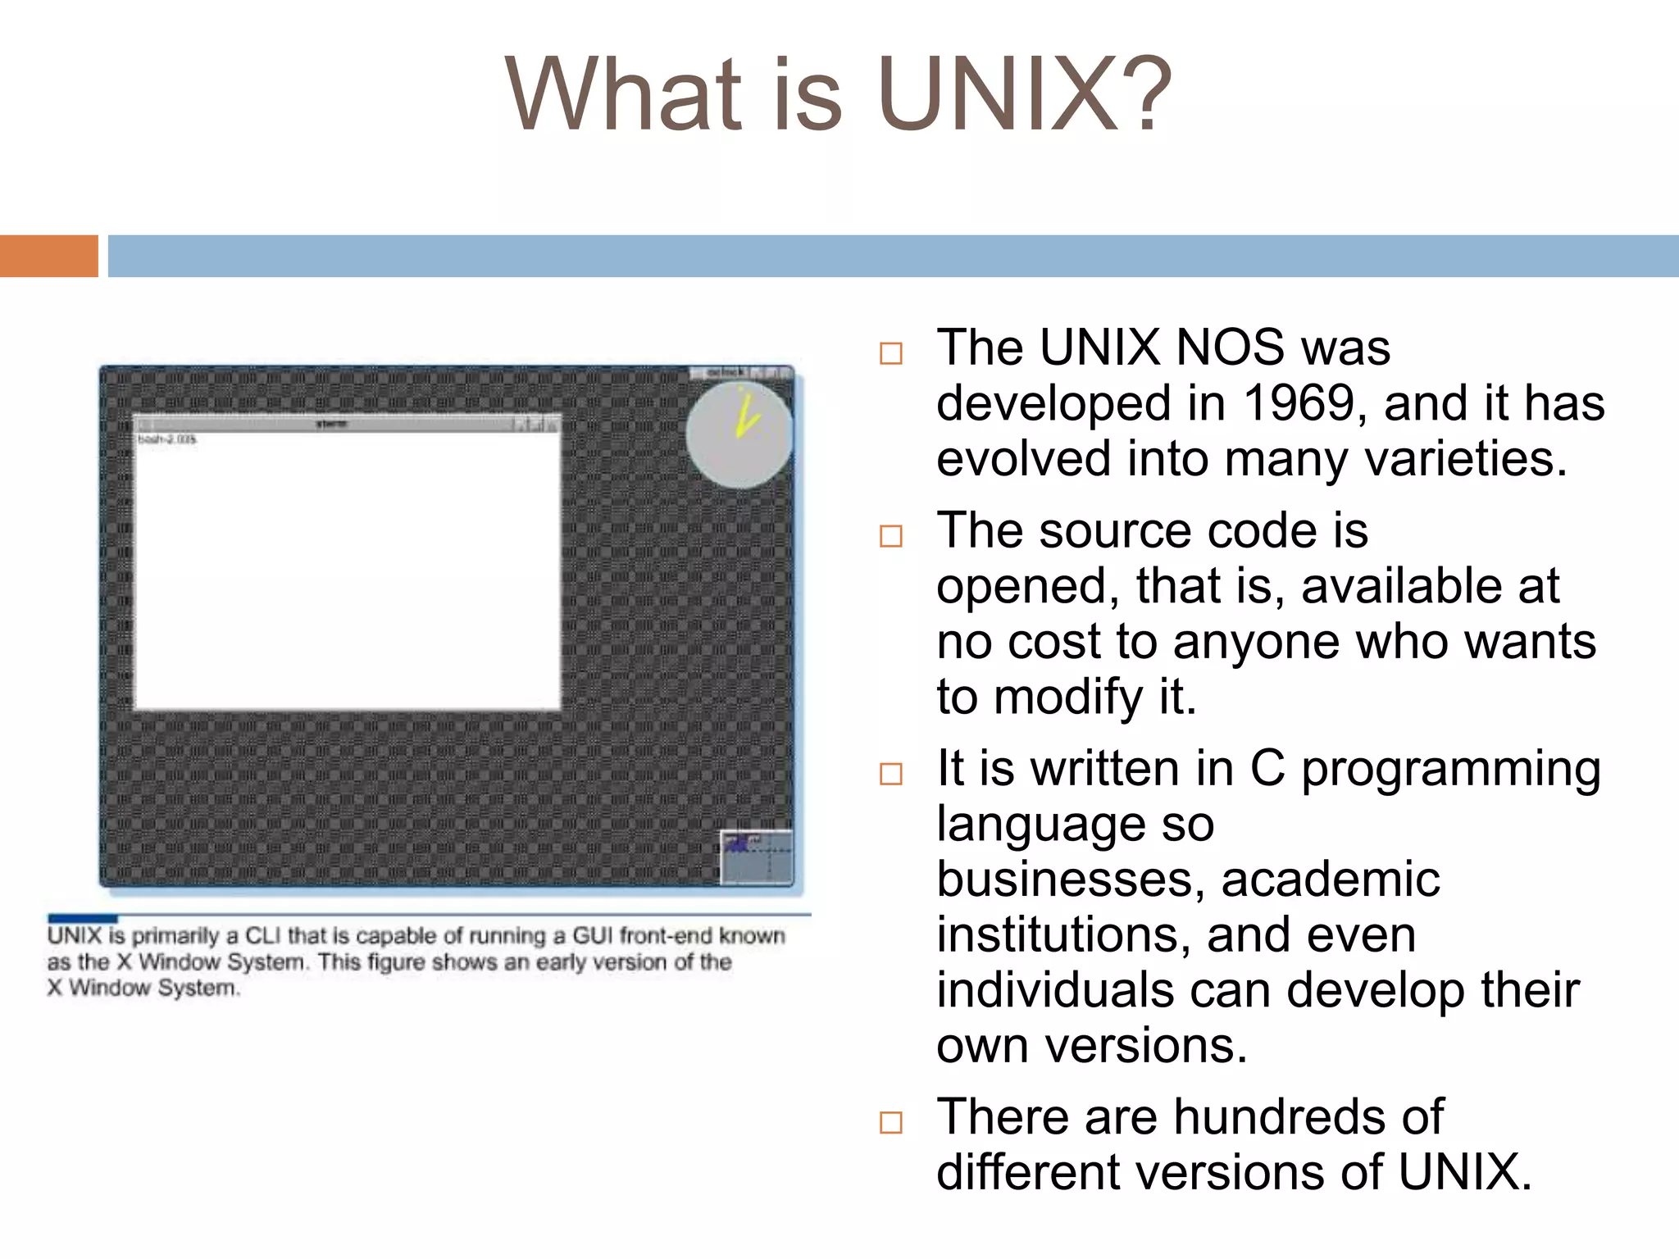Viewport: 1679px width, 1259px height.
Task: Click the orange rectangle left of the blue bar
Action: tap(48, 256)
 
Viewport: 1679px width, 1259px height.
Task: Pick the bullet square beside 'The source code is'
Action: tap(890, 536)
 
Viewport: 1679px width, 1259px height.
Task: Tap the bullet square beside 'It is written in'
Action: tap(890, 774)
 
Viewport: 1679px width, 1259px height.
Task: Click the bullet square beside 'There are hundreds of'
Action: tap(890, 1122)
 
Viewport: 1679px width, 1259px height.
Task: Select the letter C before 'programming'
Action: tap(1267, 769)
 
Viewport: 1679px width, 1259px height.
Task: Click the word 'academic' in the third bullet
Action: tap(1330, 879)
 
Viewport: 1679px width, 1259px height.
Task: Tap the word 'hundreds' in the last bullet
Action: tap(1269, 1117)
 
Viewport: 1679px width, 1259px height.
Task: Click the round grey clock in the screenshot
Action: tap(739, 436)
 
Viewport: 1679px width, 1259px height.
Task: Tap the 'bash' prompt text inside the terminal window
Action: tap(167, 440)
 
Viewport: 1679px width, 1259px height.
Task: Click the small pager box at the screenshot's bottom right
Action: tap(756, 857)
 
